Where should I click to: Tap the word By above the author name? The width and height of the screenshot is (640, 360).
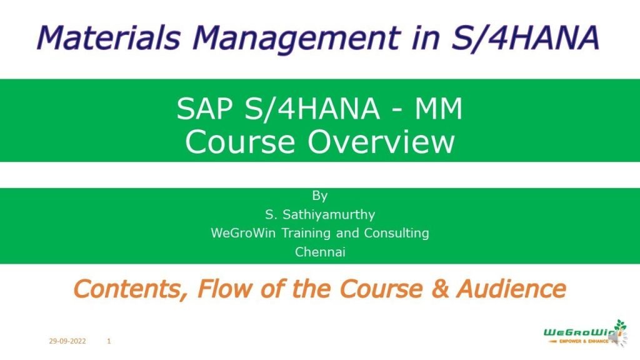[320, 196]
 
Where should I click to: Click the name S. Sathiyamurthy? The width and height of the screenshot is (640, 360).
[320, 215]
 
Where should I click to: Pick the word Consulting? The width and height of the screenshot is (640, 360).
[397, 234]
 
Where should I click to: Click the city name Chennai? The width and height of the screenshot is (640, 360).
[320, 252]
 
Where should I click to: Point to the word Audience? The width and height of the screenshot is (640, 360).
[511, 289]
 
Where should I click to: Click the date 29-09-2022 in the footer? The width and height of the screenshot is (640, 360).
[67, 341]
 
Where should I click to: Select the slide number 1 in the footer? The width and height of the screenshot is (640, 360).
[109, 341]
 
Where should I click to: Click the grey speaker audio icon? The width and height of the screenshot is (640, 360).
[615, 338]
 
